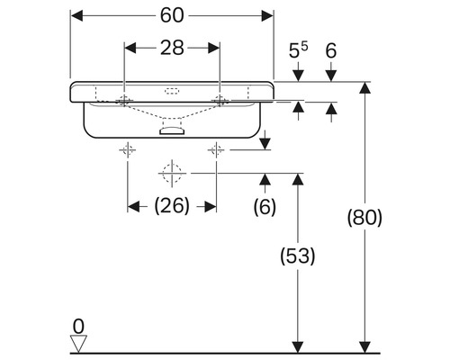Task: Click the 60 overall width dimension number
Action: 171,15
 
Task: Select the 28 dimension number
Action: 171,48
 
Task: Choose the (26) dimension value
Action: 171,206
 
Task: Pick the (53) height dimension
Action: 297,256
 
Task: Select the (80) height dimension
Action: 364,218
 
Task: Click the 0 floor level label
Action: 78,325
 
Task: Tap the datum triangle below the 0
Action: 79,342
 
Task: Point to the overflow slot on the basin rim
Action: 171,90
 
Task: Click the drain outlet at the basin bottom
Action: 170,131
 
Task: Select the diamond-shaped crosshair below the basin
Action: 171,171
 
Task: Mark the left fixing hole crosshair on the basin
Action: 124,99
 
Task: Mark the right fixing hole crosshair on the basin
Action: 218,99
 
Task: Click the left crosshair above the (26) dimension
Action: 128,148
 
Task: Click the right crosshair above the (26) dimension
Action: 216,148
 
